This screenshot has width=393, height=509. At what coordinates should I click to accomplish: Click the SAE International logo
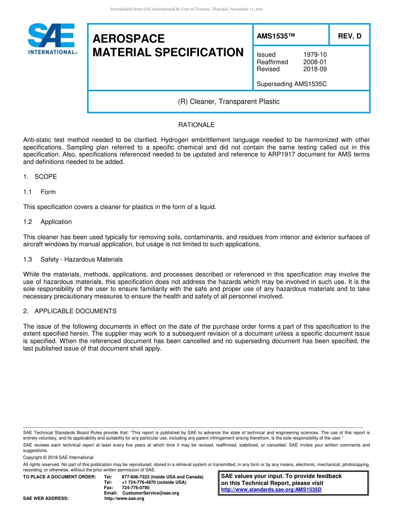[51, 39]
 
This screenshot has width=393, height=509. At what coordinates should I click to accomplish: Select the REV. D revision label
[350, 36]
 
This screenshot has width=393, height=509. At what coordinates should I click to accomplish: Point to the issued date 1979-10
[315, 55]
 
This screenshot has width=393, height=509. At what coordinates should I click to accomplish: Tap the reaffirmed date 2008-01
[315, 62]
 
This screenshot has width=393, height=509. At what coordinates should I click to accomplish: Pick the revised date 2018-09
[315, 69]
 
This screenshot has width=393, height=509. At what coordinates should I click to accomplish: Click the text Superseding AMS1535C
[292, 84]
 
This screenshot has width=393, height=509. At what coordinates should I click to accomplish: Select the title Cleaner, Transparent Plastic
[229, 101]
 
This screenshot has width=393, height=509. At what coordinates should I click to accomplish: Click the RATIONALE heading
[196, 125]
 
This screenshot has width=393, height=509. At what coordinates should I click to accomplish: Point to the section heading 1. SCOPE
[40, 177]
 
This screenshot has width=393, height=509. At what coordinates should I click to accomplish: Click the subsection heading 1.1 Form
[40, 192]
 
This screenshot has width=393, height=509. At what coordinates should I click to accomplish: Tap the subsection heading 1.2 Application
[48, 222]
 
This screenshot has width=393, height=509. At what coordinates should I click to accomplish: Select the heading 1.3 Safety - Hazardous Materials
[73, 259]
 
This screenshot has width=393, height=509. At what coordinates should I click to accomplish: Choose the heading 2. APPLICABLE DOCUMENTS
[70, 311]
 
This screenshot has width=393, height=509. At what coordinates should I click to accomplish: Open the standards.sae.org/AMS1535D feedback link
[271, 490]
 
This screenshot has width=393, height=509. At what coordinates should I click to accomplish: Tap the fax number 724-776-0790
[135, 487]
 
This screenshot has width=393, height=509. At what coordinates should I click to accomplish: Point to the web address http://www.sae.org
[124, 498]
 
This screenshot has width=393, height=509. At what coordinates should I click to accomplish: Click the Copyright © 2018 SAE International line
[58, 457]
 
